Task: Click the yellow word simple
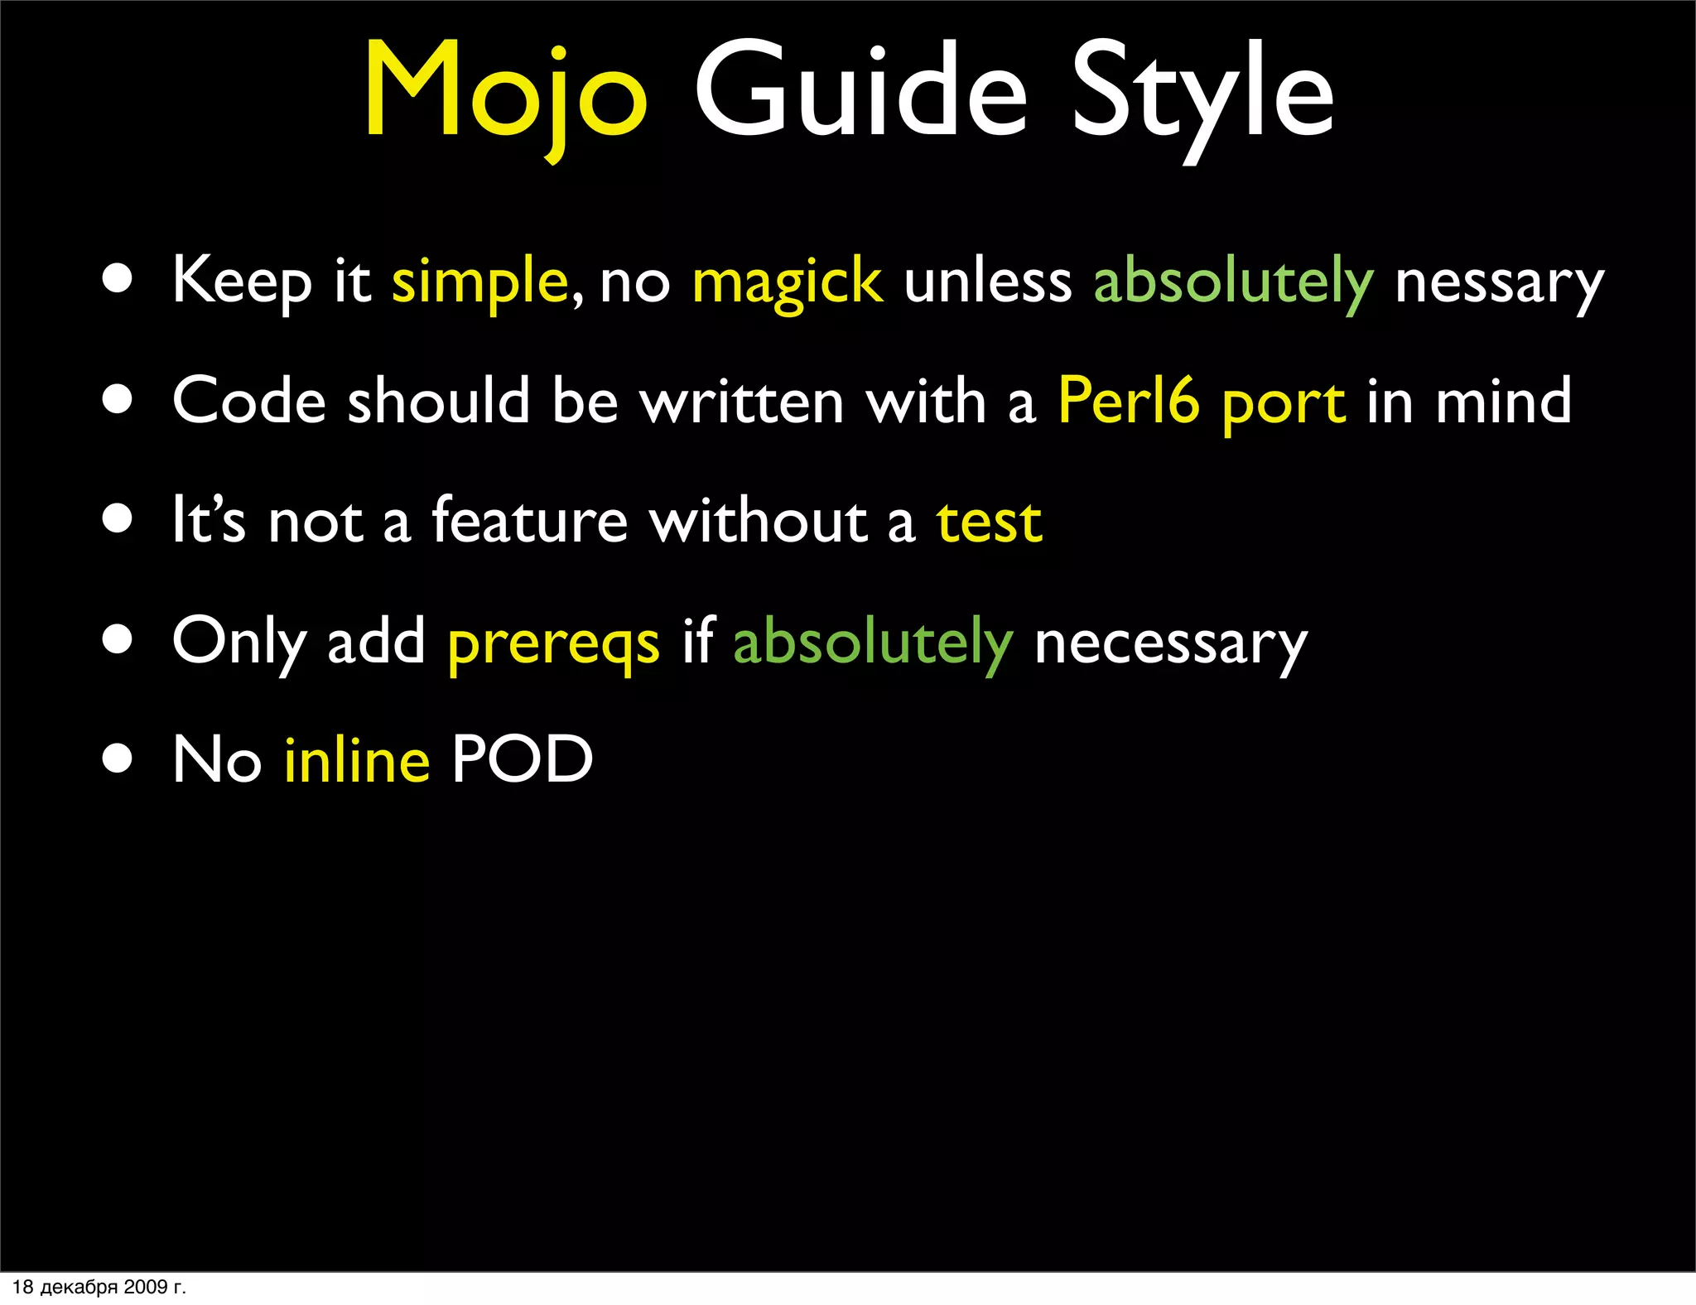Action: tap(479, 282)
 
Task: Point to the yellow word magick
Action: tap(787, 282)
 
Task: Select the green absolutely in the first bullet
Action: tap(1233, 282)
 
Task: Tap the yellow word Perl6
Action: tap(1129, 401)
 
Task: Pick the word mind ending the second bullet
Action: tap(1503, 401)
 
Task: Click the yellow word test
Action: tap(989, 522)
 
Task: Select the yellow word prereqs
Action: tap(553, 643)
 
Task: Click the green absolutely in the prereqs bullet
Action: tap(873, 642)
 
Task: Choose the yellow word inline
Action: tap(357, 759)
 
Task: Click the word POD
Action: tap(523, 759)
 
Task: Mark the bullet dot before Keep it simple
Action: tap(118, 279)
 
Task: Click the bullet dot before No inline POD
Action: tap(118, 758)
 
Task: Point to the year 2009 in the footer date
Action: tap(145, 1287)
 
